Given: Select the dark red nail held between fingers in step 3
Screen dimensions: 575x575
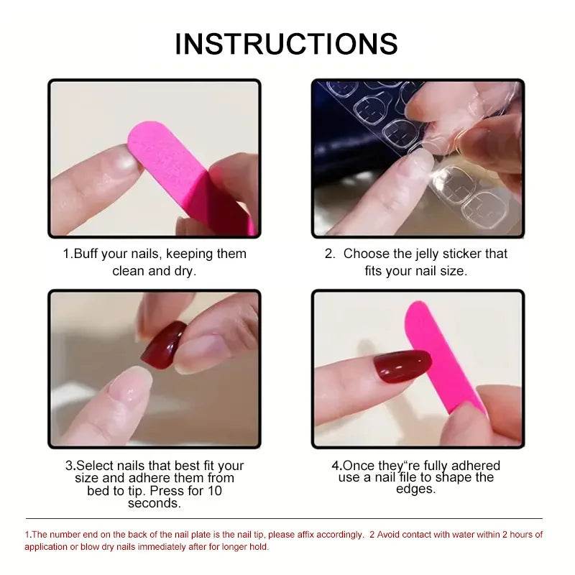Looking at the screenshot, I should pyautogui.click(x=163, y=344).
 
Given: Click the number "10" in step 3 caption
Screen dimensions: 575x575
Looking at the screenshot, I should pyautogui.click(x=214, y=491).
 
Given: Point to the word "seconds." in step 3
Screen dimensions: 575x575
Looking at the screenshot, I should pyautogui.click(x=154, y=503).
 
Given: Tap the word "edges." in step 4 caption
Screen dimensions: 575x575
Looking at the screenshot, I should pyautogui.click(x=415, y=489).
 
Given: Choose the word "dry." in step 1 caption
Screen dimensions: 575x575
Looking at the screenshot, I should pyautogui.click(x=184, y=271).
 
